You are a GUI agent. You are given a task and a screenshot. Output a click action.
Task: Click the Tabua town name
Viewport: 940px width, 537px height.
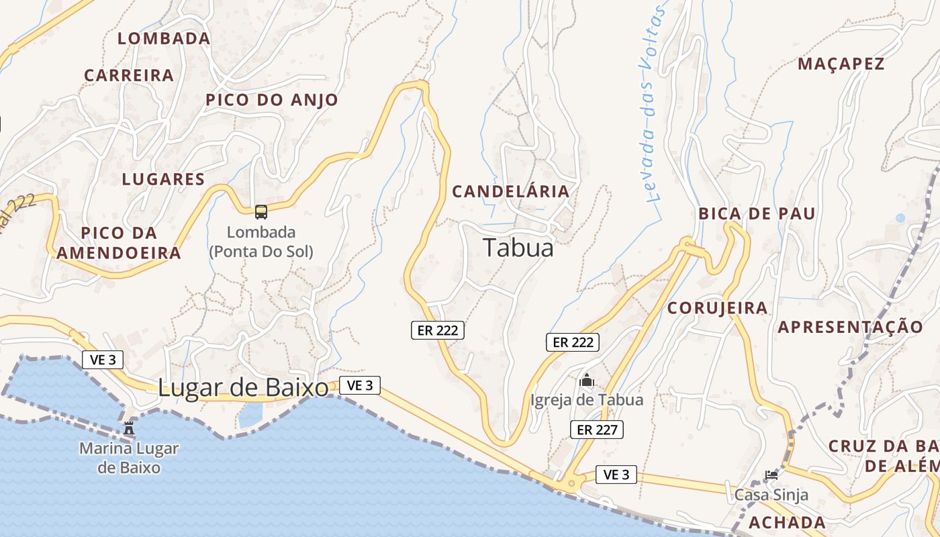(x=518, y=248)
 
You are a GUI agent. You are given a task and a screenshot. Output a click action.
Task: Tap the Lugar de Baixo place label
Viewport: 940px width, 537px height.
(x=244, y=388)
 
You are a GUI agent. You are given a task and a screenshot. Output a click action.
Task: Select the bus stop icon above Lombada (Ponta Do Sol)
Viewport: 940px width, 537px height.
(x=261, y=212)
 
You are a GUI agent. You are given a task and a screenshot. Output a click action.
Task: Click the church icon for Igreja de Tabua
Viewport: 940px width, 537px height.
(x=587, y=381)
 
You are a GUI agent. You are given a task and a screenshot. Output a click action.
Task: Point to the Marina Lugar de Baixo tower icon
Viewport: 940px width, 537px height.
(x=129, y=428)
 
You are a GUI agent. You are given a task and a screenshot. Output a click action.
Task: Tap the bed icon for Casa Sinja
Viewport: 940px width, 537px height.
(x=771, y=475)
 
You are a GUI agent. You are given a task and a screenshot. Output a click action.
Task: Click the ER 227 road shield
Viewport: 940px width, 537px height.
(x=597, y=429)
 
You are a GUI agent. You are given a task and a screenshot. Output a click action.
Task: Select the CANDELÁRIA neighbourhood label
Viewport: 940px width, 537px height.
(x=510, y=191)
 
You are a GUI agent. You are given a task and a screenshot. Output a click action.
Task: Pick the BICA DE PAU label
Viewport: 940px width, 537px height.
(x=757, y=213)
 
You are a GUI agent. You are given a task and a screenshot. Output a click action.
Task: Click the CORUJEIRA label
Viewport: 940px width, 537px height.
(x=717, y=308)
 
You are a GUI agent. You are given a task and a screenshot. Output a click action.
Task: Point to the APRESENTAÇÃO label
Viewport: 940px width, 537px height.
(x=850, y=327)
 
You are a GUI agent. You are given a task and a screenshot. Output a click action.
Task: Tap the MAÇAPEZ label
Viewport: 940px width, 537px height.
(x=841, y=64)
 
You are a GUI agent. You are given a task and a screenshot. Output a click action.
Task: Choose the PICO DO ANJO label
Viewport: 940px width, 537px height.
(x=272, y=100)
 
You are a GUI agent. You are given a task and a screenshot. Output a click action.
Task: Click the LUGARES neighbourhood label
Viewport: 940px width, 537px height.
(x=163, y=179)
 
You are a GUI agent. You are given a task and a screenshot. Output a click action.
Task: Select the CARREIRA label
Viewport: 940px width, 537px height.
(x=129, y=75)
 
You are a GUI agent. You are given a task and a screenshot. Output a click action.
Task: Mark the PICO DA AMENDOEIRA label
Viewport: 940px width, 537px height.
(x=119, y=243)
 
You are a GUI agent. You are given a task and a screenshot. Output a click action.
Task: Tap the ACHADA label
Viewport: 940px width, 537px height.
(x=787, y=522)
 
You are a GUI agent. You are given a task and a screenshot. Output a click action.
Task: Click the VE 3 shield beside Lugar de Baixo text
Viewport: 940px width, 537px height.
(x=360, y=385)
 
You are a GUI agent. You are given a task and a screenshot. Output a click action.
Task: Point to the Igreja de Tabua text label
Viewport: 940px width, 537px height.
(x=587, y=400)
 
